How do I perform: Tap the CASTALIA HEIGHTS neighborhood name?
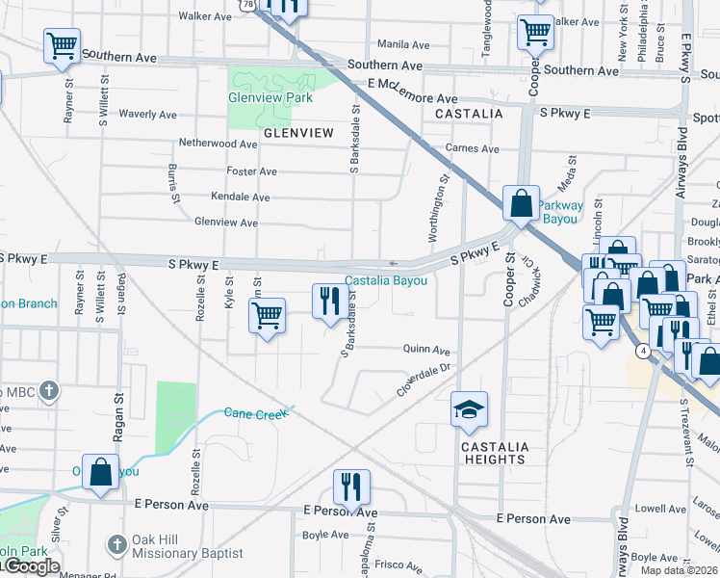tap(495, 453)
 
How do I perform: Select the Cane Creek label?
tap(256, 413)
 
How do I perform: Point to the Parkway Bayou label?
tap(559, 212)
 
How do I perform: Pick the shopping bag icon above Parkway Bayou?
tap(521, 203)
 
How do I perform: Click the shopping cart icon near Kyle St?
tap(267, 315)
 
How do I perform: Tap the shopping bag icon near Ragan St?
tap(100, 472)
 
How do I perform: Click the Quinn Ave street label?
tap(427, 351)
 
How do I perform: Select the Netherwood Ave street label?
tap(219, 144)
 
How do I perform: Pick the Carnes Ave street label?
tap(472, 149)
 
